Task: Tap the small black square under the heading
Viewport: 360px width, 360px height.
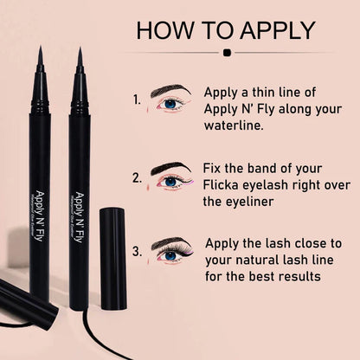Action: pos(227,52)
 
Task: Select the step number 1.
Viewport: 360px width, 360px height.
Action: pos(137,100)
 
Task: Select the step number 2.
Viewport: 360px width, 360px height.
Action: pos(137,177)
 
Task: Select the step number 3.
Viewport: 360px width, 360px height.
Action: pos(137,254)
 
